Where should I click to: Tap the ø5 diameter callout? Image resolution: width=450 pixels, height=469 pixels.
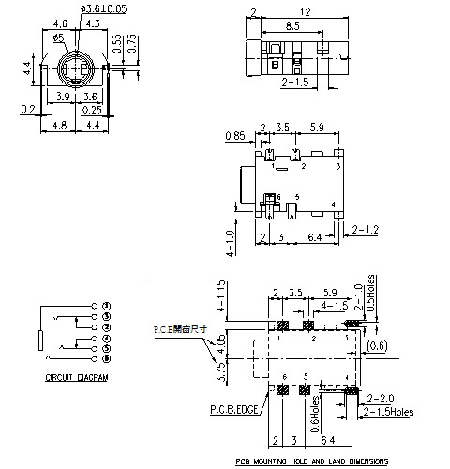(58, 38)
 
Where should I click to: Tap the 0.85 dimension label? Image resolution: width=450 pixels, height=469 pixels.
(236, 135)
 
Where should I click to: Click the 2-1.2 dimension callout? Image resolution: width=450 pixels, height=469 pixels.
(366, 229)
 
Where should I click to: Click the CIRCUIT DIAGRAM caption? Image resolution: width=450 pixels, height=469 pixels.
(77, 377)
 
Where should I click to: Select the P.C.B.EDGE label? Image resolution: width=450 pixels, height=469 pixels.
(234, 410)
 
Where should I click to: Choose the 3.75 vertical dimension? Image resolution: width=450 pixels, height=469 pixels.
(221, 372)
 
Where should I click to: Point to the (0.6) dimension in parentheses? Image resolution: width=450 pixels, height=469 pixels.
(377, 346)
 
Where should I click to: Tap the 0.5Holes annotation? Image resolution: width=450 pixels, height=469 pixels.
(373, 294)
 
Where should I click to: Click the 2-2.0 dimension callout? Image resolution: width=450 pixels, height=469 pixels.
(382, 398)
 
